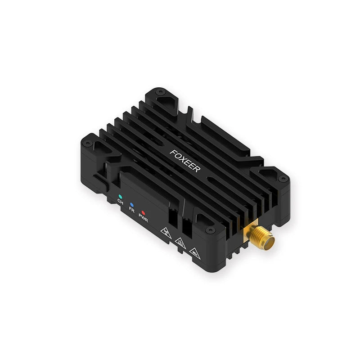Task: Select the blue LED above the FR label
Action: click(x=131, y=205)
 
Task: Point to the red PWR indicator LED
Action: click(x=143, y=213)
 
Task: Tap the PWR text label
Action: click(x=144, y=219)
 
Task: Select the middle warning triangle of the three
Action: click(x=179, y=242)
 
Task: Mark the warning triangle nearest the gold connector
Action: click(x=194, y=251)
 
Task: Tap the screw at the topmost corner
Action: click(x=159, y=92)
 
